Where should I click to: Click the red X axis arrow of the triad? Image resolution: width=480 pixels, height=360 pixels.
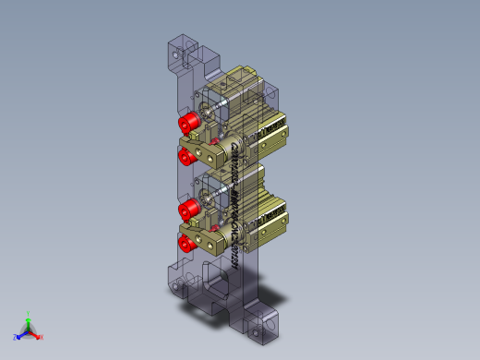(36, 336)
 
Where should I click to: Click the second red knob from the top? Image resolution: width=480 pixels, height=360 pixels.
(187, 153)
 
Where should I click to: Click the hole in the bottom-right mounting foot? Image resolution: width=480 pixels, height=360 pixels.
(270, 325)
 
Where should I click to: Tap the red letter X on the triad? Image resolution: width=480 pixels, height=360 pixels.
(42, 337)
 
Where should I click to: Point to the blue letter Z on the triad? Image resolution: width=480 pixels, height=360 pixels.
(16, 338)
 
